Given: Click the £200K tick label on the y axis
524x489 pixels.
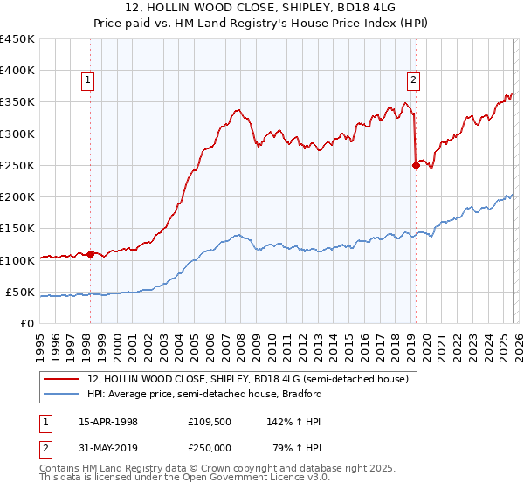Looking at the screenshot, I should (x=17, y=197).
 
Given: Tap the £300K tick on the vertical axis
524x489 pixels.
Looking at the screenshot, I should (x=17, y=134).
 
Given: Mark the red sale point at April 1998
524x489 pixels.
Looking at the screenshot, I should (x=90, y=254).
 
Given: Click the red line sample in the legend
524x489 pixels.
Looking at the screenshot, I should (x=63, y=379).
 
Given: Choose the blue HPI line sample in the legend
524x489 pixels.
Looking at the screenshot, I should (x=63, y=394).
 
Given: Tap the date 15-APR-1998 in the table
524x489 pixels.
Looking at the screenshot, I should (x=108, y=422).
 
